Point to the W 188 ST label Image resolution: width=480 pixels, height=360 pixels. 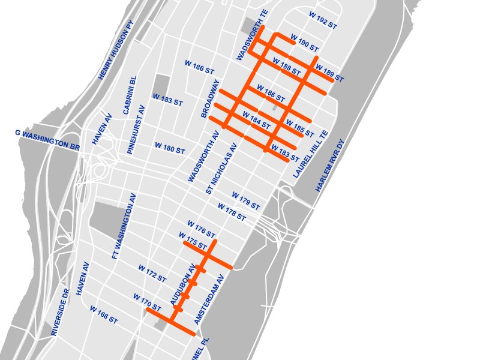click(x=286, y=66)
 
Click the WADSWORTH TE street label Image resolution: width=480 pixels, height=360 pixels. click(x=251, y=35)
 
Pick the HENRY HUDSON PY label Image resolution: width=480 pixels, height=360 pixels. click(x=116, y=50)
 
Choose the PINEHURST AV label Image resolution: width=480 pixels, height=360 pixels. click(x=137, y=130)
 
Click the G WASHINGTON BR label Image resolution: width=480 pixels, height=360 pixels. click(x=47, y=139)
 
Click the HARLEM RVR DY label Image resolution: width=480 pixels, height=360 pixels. click(x=331, y=166)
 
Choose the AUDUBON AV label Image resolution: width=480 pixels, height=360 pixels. click(x=184, y=286)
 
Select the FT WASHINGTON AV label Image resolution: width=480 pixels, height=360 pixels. click(x=125, y=226)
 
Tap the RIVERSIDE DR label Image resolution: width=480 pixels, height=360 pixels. click(x=61, y=312)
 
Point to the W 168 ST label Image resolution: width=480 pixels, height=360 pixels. click(x=104, y=314)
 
